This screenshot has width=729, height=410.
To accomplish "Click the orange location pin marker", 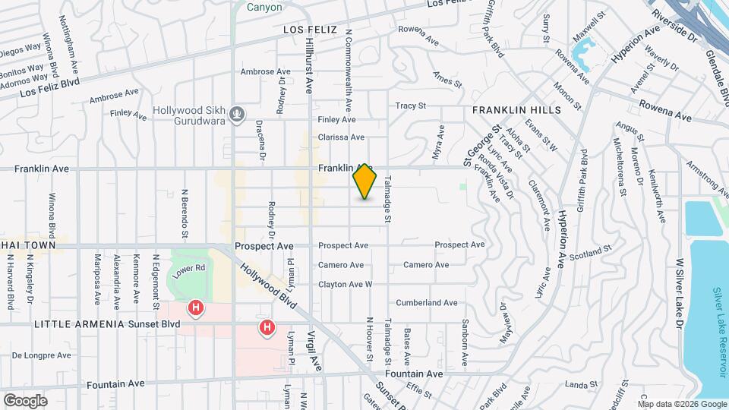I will click(x=365, y=181).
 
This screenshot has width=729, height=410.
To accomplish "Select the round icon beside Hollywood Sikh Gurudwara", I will click(x=238, y=115).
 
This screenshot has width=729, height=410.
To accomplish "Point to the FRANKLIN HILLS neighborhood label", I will click(x=516, y=110).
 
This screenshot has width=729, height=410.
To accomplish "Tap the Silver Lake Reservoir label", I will click(x=718, y=330).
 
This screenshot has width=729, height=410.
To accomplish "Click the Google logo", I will click(x=25, y=400).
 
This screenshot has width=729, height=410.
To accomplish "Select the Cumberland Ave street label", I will click(x=427, y=302).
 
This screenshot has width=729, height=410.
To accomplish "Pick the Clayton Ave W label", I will click(x=346, y=285).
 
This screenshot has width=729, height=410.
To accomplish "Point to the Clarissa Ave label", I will click(x=342, y=137).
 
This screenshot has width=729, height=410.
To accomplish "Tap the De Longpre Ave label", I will click(x=42, y=355).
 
